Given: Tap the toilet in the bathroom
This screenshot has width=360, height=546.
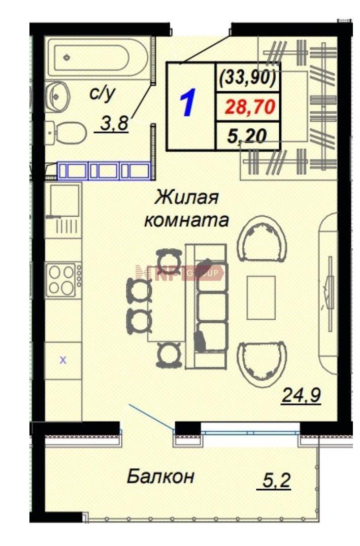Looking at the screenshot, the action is click(x=67, y=132).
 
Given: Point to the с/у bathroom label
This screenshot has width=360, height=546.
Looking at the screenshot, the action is click(x=102, y=93).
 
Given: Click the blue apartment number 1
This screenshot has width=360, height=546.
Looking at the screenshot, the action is click(x=188, y=103).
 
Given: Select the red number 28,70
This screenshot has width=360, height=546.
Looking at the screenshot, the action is click(x=250, y=107).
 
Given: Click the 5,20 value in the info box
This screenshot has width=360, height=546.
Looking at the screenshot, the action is click(x=247, y=136).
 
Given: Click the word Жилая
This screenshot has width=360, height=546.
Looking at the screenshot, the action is click(x=186, y=197).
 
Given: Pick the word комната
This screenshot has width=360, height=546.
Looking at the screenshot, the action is click(x=186, y=220).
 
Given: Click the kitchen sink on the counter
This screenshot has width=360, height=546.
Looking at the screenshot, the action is click(x=64, y=200).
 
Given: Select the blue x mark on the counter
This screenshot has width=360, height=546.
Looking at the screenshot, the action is click(x=63, y=360).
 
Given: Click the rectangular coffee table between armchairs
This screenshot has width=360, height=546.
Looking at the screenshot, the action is click(x=261, y=297).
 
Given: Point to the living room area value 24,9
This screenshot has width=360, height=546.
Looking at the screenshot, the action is click(x=301, y=396).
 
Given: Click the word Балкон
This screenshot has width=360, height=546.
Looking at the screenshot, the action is click(x=160, y=476).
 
